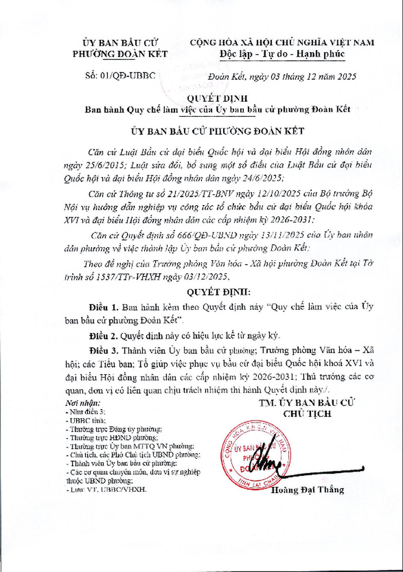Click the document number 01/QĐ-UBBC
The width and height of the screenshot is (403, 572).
tap(121, 77)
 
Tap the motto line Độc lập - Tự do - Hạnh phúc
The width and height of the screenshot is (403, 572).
tap(282, 54)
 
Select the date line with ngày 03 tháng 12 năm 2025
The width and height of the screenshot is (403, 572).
tap(283, 77)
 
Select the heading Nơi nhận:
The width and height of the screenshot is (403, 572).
tap(83, 403)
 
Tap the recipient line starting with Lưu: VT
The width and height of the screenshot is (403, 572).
tap(108, 488)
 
